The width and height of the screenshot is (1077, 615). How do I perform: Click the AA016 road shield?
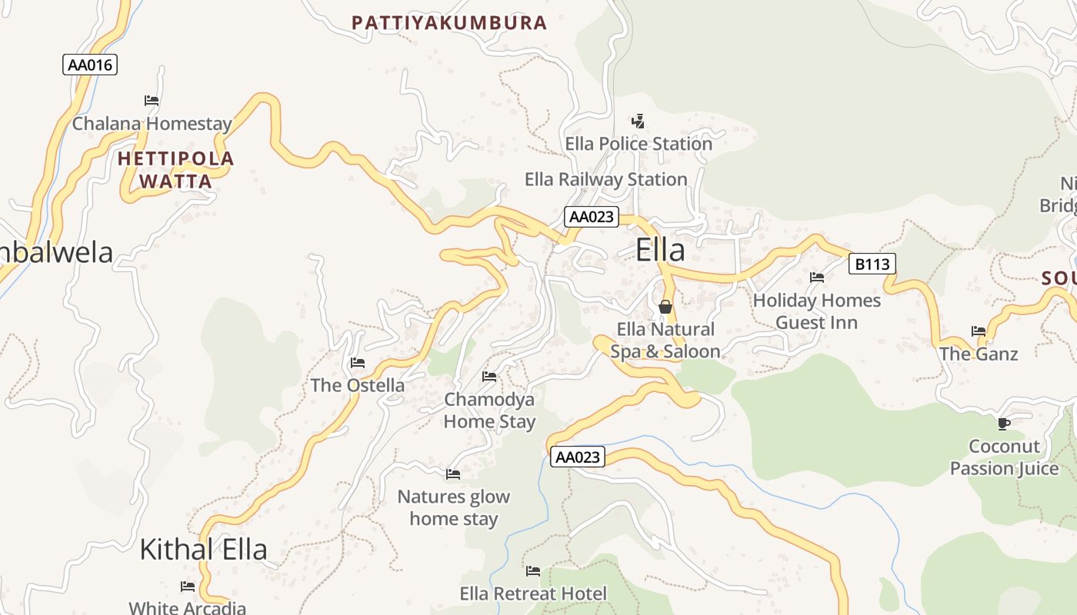point(90,65)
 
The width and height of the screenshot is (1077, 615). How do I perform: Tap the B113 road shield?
point(872,264)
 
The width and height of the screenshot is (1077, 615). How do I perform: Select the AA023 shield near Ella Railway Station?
point(591,217)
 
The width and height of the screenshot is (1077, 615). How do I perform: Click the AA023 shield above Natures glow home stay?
point(578,457)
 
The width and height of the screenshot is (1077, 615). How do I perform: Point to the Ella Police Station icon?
point(638,121)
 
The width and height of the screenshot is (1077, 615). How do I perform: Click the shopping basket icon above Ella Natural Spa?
point(665,307)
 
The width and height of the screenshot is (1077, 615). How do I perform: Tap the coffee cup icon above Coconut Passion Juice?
point(1004,424)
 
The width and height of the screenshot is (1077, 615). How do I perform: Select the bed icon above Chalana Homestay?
point(152,101)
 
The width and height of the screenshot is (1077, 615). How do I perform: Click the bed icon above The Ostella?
point(358,363)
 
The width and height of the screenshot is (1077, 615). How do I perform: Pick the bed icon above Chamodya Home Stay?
point(489,377)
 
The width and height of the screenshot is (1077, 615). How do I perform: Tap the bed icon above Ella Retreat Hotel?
point(533,571)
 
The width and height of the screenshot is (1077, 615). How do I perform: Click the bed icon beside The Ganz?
point(979,331)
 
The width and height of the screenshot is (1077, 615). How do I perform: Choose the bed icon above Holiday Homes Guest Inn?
point(817,278)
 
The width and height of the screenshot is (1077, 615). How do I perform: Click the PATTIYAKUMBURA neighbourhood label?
point(449,23)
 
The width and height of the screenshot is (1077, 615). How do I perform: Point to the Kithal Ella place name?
point(203,549)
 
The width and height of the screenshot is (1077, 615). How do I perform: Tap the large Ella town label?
point(660,251)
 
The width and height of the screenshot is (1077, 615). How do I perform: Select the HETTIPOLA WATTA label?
point(176,170)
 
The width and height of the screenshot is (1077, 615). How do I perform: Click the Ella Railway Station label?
point(605,180)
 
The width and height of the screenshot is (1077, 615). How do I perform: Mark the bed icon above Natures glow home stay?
point(453,474)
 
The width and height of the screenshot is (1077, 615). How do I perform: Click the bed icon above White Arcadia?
point(188,587)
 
